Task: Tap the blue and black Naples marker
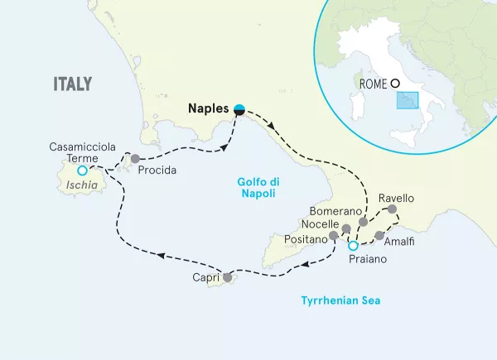239,108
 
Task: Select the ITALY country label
72,84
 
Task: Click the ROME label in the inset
374,83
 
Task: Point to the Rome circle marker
395,83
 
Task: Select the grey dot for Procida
134,157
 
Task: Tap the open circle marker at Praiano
353,246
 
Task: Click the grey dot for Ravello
392,210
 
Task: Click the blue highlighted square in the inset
407,100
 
